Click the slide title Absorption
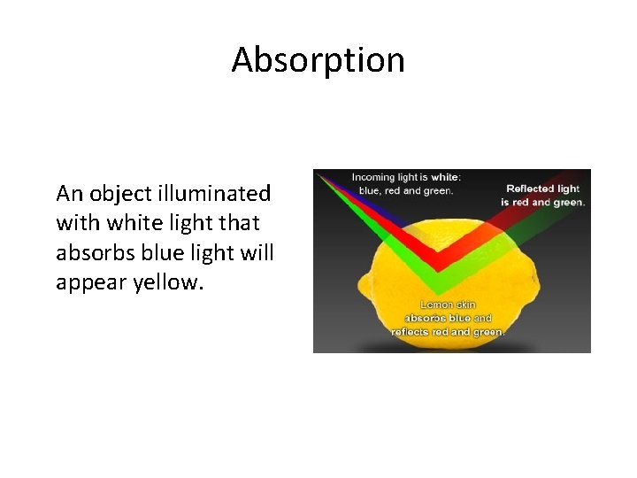(x=318, y=59)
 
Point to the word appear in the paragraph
(x=86, y=282)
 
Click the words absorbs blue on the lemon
(x=437, y=317)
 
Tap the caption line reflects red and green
(x=449, y=331)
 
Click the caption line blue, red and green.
(x=404, y=189)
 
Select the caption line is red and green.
(x=542, y=202)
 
